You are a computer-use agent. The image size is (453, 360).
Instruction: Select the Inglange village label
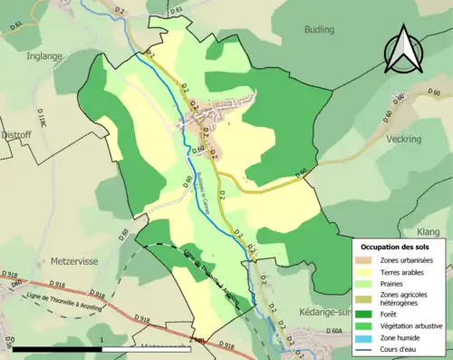44,55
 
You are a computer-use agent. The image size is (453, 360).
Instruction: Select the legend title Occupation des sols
397,247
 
